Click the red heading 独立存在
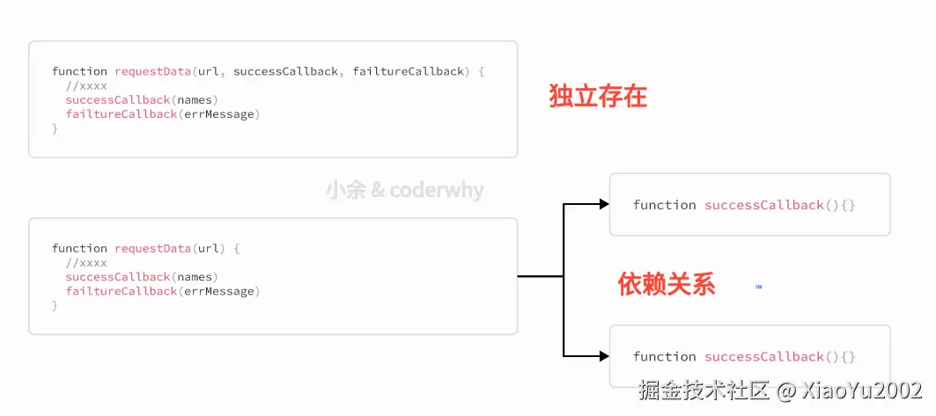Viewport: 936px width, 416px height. click(598, 97)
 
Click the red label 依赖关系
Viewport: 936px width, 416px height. click(667, 284)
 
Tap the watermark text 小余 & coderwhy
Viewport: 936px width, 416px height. click(404, 190)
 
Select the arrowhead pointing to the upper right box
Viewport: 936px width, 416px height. click(603, 204)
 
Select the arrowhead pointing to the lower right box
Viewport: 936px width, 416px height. click(603, 356)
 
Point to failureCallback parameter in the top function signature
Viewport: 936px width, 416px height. click(408, 71)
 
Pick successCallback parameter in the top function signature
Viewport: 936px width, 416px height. click(285, 71)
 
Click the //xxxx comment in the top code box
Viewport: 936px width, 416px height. click(85, 85)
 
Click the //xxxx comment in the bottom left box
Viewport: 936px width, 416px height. click(85, 262)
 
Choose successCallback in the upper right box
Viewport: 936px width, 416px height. click(763, 205)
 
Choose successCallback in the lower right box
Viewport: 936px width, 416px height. click(763, 357)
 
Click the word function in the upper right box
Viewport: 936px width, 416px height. click(664, 205)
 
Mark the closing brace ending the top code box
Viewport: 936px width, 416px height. click(55, 128)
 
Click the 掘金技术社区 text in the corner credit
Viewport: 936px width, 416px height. click(705, 390)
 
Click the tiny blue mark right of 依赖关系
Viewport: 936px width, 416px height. click(758, 287)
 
